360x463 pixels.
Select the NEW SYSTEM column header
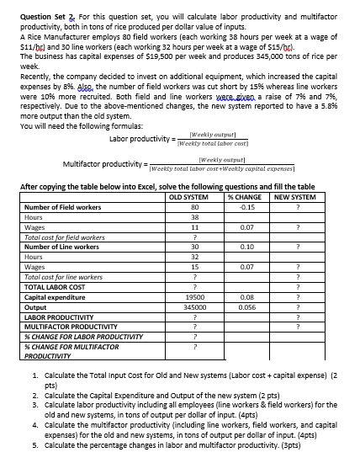tap(294, 196)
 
